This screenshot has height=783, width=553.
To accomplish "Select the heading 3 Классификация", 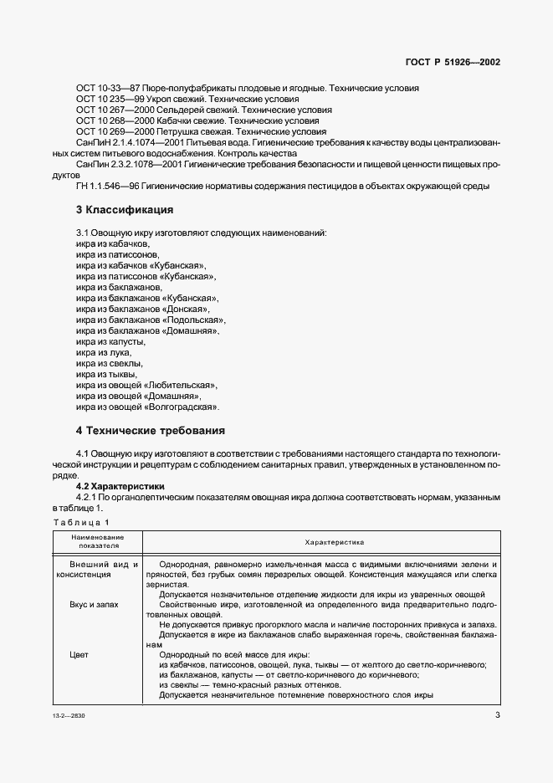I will (126, 208).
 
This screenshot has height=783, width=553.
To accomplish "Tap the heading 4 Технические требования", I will (151, 431).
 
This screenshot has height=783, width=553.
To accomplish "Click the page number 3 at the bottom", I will (497, 715).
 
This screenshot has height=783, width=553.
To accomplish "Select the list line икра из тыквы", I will (106, 374).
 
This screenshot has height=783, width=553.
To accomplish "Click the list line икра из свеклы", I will (109, 363).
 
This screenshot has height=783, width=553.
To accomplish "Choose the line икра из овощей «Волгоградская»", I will (147, 407).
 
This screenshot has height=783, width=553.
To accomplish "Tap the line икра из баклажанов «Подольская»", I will (150, 320).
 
